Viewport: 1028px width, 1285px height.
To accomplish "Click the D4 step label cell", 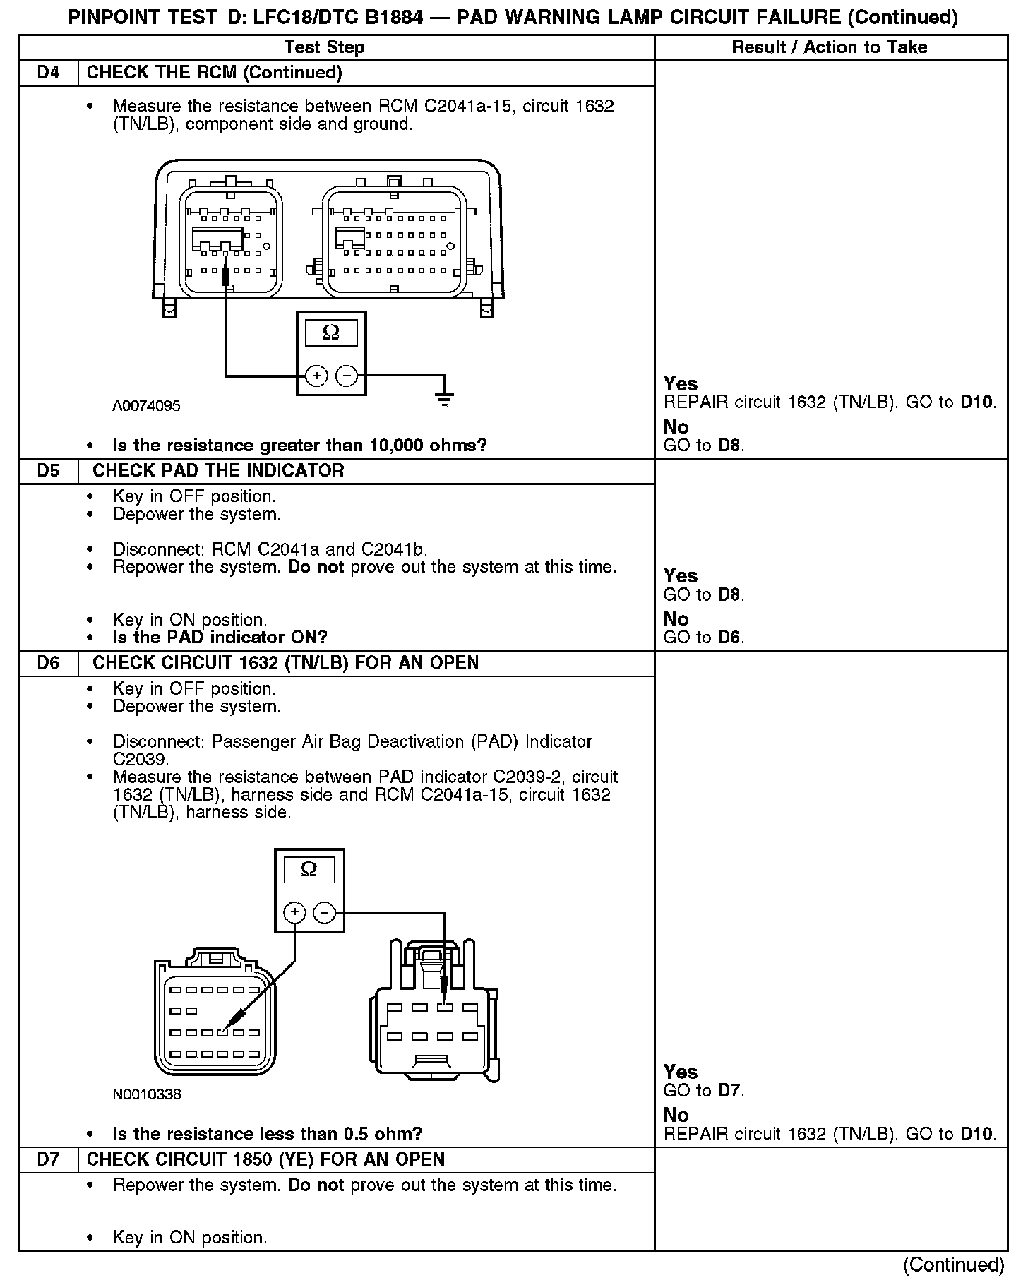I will pos(48,73).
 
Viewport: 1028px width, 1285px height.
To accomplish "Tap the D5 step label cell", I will pos(48,471).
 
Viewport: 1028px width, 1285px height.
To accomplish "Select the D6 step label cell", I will pos(48,663).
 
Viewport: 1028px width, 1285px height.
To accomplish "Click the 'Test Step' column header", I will pos(324,47).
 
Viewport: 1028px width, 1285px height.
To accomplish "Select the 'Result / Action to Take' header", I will pos(830,47).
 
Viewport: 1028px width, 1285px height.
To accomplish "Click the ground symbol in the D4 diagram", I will pos(444,400).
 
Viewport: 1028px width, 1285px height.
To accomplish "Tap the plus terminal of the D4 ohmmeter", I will pos(316,376).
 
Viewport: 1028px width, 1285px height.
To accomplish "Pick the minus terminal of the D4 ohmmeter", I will pos(347,376).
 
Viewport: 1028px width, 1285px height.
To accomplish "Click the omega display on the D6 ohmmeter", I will pos(309,870).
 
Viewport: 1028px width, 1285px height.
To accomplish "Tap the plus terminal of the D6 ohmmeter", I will pos(294,913).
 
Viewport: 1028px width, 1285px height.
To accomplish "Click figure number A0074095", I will pos(146,406).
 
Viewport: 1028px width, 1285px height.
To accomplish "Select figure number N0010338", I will pos(147,1094).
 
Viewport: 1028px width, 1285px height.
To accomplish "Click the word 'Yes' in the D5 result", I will pos(681,576).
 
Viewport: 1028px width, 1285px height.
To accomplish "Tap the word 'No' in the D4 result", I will pos(676,427).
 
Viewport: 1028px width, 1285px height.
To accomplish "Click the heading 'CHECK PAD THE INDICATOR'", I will pos(218,471).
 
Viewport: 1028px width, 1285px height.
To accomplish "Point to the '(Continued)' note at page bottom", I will pos(953,1265).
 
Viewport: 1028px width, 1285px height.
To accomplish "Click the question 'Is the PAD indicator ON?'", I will pos(220,638).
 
